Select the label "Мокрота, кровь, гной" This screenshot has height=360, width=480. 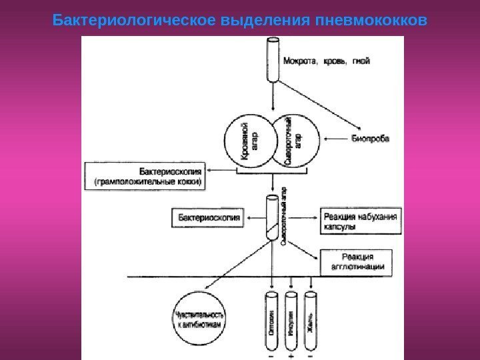pos(327,61)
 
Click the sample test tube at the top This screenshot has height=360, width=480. pos(273,61)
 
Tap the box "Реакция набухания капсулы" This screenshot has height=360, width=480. pos(361,220)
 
